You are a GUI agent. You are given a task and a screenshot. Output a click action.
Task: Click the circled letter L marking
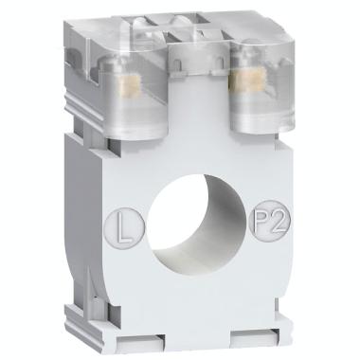click(118, 228)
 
